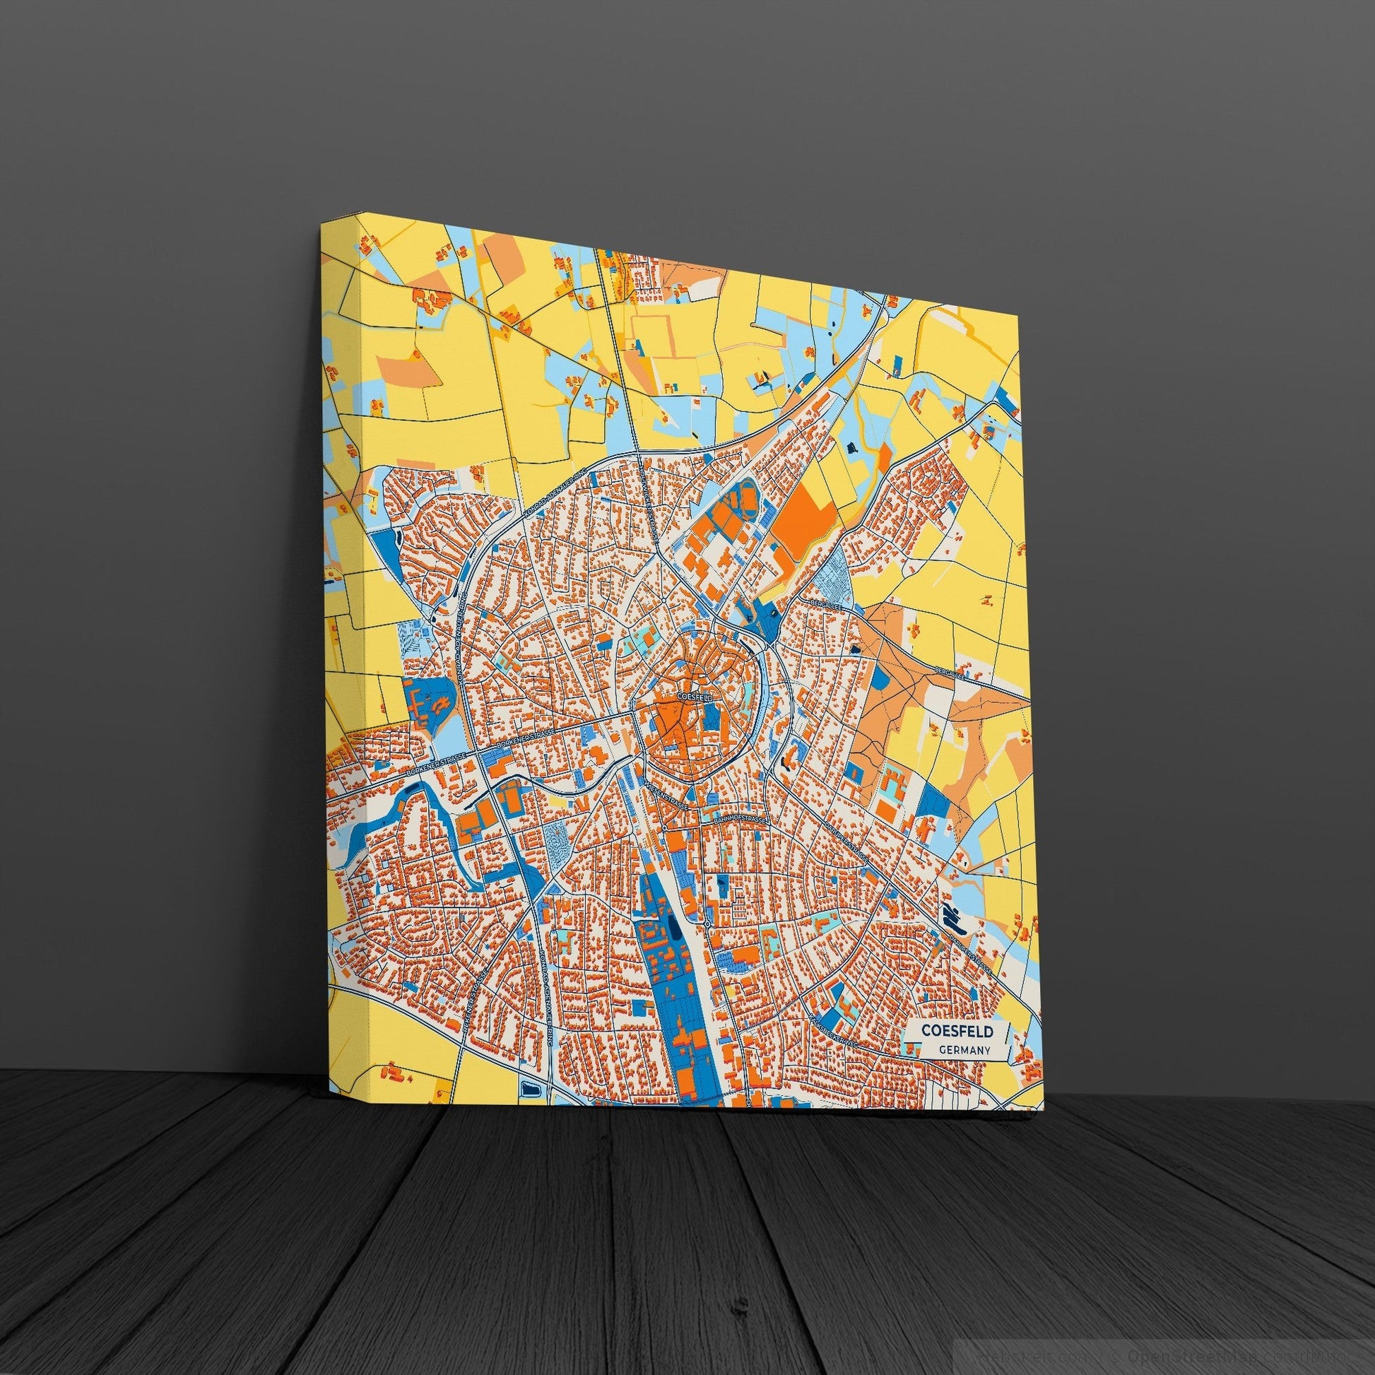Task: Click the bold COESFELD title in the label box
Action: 954,1029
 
